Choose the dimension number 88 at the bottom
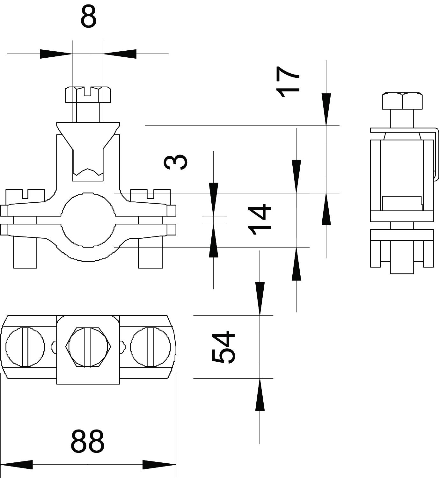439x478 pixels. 88,441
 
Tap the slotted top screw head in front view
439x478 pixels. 88,94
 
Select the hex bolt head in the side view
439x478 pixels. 402,101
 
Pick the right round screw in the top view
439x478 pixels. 151,346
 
